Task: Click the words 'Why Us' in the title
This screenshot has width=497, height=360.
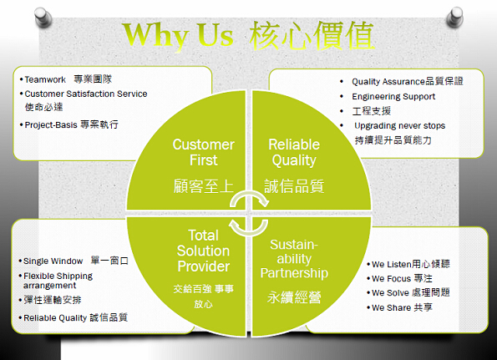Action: tap(179, 36)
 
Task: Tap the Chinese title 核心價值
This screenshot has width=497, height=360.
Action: tap(312, 35)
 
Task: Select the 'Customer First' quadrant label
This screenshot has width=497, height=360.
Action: tap(204, 152)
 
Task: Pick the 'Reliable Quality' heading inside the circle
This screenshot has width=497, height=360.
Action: tap(294, 152)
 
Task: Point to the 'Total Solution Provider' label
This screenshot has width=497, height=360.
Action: tap(204, 251)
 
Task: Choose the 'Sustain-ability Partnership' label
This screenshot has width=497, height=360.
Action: tap(294, 259)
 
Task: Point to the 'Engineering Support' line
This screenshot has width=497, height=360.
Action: tap(393, 96)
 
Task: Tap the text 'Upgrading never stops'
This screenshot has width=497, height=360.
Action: tap(400, 126)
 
